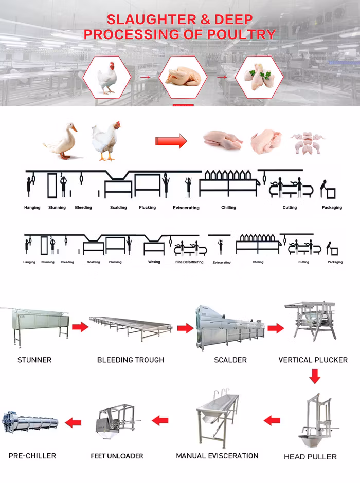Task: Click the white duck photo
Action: click(61, 141)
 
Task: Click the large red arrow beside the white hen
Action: click(171, 141)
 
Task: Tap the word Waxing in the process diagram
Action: click(154, 262)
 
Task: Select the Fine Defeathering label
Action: click(189, 262)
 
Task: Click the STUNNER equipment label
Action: click(34, 360)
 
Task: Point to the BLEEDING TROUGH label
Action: click(131, 360)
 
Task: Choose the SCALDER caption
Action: click(230, 360)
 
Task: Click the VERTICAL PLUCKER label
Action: click(313, 360)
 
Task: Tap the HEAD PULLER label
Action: click(310, 457)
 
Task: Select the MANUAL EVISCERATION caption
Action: click(217, 456)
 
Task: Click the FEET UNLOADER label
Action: click(117, 456)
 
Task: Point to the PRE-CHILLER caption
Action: click(32, 456)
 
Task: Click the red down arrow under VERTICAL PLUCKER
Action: click(314, 376)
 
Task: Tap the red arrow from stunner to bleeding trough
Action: click(80, 326)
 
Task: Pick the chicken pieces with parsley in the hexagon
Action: click(259, 77)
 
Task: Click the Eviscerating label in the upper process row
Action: click(186, 208)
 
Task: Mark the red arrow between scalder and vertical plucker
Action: click(276, 328)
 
